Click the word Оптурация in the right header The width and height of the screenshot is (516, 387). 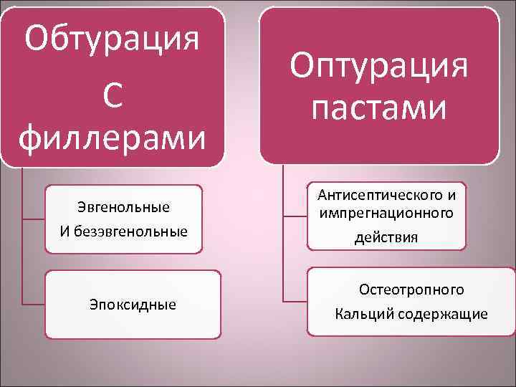point(379,66)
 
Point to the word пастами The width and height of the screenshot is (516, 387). point(379,109)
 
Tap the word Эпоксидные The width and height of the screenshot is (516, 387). point(133,305)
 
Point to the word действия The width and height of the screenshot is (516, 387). point(386,237)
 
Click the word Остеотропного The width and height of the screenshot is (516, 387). point(411,290)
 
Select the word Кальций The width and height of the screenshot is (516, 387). point(365,314)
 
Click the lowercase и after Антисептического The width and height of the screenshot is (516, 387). point(451,194)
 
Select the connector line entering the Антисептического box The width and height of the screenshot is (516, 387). point(295,216)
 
